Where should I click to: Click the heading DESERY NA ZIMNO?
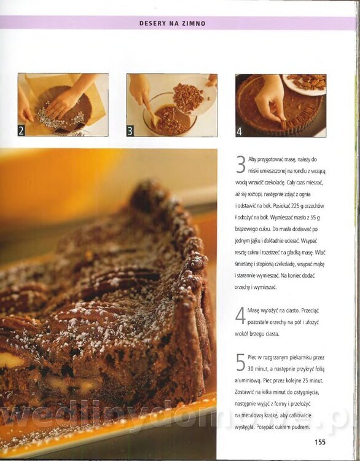pyautogui.click(x=173, y=23)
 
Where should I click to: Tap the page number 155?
pyautogui.click(x=320, y=442)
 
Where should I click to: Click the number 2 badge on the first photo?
pyautogui.click(x=21, y=131)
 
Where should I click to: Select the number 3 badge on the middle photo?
pyautogui.click(x=130, y=132)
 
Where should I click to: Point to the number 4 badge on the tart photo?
pyautogui.click(x=240, y=132)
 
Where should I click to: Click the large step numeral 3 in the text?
pyautogui.click(x=241, y=165)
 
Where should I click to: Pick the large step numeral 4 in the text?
pyautogui.click(x=240, y=315)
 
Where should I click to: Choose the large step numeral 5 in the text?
pyautogui.click(x=240, y=363)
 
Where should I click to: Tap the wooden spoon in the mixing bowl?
pyautogui.click(x=152, y=113)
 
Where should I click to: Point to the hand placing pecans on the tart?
pyautogui.click(x=270, y=103)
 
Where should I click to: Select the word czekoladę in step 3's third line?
pyautogui.click(x=275, y=183)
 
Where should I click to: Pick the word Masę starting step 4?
pyautogui.click(x=253, y=311)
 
